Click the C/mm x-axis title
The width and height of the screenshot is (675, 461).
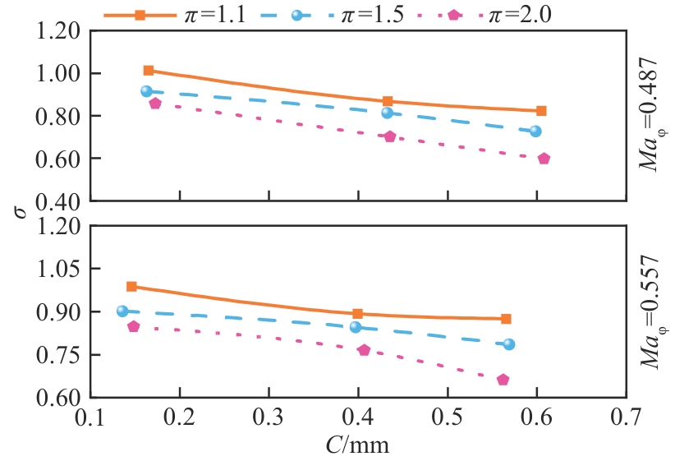point(357,446)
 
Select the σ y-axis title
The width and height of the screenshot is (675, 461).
point(20,211)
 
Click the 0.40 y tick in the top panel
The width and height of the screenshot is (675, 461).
point(59,201)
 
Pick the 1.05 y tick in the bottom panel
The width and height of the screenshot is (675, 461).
point(59,269)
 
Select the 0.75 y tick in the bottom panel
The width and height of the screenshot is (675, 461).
point(59,355)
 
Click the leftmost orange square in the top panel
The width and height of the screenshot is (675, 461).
point(149,71)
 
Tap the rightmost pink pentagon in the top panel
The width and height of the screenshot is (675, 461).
point(544,159)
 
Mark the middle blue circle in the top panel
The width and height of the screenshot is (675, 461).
point(387,113)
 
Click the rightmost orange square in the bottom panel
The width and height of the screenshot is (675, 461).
point(506,319)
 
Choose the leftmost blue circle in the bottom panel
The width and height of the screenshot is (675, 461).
point(122,311)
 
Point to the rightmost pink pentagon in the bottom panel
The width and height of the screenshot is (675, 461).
point(503,380)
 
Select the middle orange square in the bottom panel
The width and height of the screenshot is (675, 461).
point(357,314)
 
